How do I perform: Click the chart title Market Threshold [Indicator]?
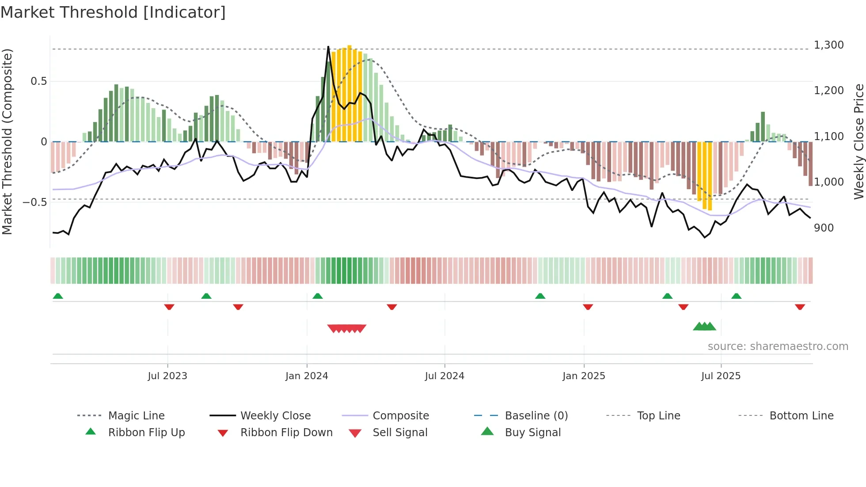tap(113, 12)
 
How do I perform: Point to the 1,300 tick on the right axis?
tap(828, 45)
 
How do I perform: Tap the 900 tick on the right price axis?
tap(824, 228)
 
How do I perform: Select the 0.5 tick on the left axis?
tap(38, 81)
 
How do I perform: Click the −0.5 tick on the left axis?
tap(34, 202)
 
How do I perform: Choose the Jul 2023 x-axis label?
tap(167, 376)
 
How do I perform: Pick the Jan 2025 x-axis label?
tap(584, 376)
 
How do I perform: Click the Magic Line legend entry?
tap(136, 416)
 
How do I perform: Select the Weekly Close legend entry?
tap(275, 416)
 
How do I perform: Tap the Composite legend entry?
tap(400, 416)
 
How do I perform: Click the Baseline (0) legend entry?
tap(536, 416)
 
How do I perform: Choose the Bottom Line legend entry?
tap(801, 416)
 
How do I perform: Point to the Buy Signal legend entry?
tap(532, 433)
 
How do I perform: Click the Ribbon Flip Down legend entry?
tap(286, 433)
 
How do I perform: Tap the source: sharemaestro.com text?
tap(778, 346)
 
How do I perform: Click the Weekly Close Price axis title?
tap(858, 141)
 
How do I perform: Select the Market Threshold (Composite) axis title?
tap(7, 141)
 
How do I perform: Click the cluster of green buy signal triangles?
tap(704, 327)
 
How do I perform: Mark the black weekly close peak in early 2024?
tap(328, 47)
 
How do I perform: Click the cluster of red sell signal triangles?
tap(347, 328)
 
